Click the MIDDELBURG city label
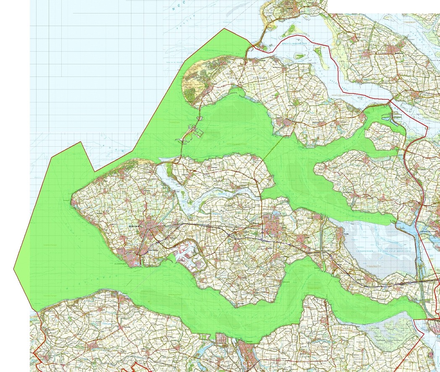tap(135, 226)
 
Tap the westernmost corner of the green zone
tap(14, 268)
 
